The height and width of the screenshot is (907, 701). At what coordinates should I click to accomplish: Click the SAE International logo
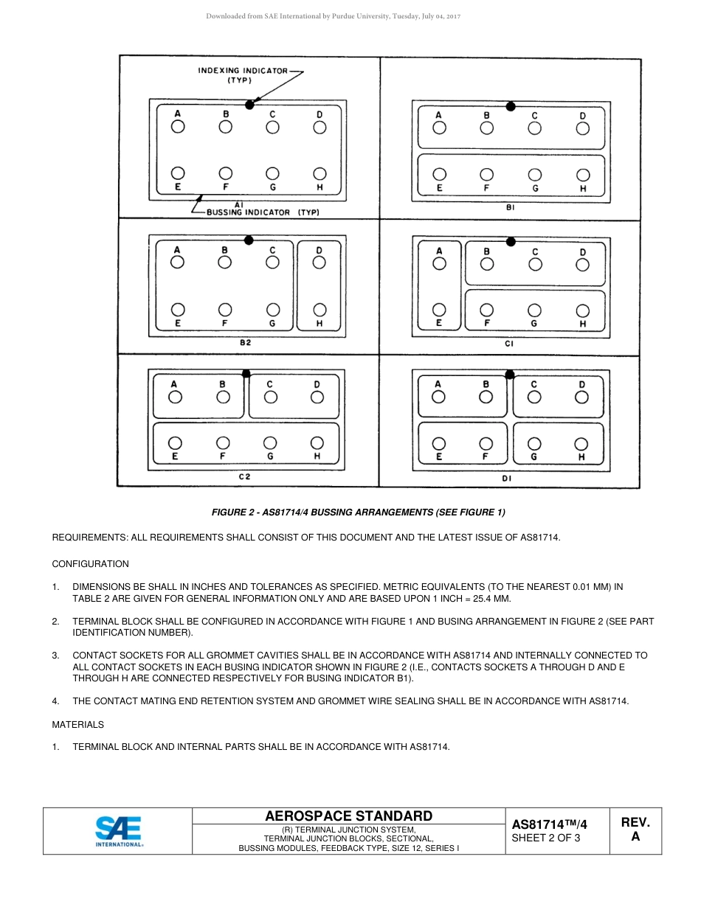coord(119,831)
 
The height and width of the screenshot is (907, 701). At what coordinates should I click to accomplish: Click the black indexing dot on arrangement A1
coord(249,105)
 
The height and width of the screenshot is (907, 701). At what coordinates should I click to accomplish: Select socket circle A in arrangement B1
coord(439,128)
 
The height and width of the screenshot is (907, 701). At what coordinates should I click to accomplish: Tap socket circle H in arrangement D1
coord(581,444)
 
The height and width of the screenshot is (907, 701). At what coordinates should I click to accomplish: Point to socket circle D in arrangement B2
coord(320,263)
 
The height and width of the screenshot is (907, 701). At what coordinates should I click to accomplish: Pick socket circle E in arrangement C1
coord(439,310)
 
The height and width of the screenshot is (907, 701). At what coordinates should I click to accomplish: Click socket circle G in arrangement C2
coord(271,442)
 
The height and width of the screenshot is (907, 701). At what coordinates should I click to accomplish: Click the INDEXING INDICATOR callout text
coord(242,75)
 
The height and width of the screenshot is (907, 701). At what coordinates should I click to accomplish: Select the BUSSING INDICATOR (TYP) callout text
coord(257,212)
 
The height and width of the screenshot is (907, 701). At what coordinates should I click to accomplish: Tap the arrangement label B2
coord(246,343)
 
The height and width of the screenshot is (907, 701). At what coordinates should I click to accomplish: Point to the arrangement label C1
coord(509,344)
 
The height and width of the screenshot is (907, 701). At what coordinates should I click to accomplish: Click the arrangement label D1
coord(507,478)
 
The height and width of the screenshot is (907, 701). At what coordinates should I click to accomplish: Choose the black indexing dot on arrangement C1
coord(510,241)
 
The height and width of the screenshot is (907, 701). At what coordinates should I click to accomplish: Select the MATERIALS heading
coord(77,725)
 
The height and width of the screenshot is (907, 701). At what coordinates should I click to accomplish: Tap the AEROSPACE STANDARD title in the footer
coord(348,816)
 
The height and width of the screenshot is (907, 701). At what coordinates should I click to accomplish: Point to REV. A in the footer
coord(635,830)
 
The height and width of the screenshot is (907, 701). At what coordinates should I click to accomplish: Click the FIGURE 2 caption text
coord(359,512)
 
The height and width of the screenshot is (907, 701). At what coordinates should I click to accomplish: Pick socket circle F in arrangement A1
coord(226,174)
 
